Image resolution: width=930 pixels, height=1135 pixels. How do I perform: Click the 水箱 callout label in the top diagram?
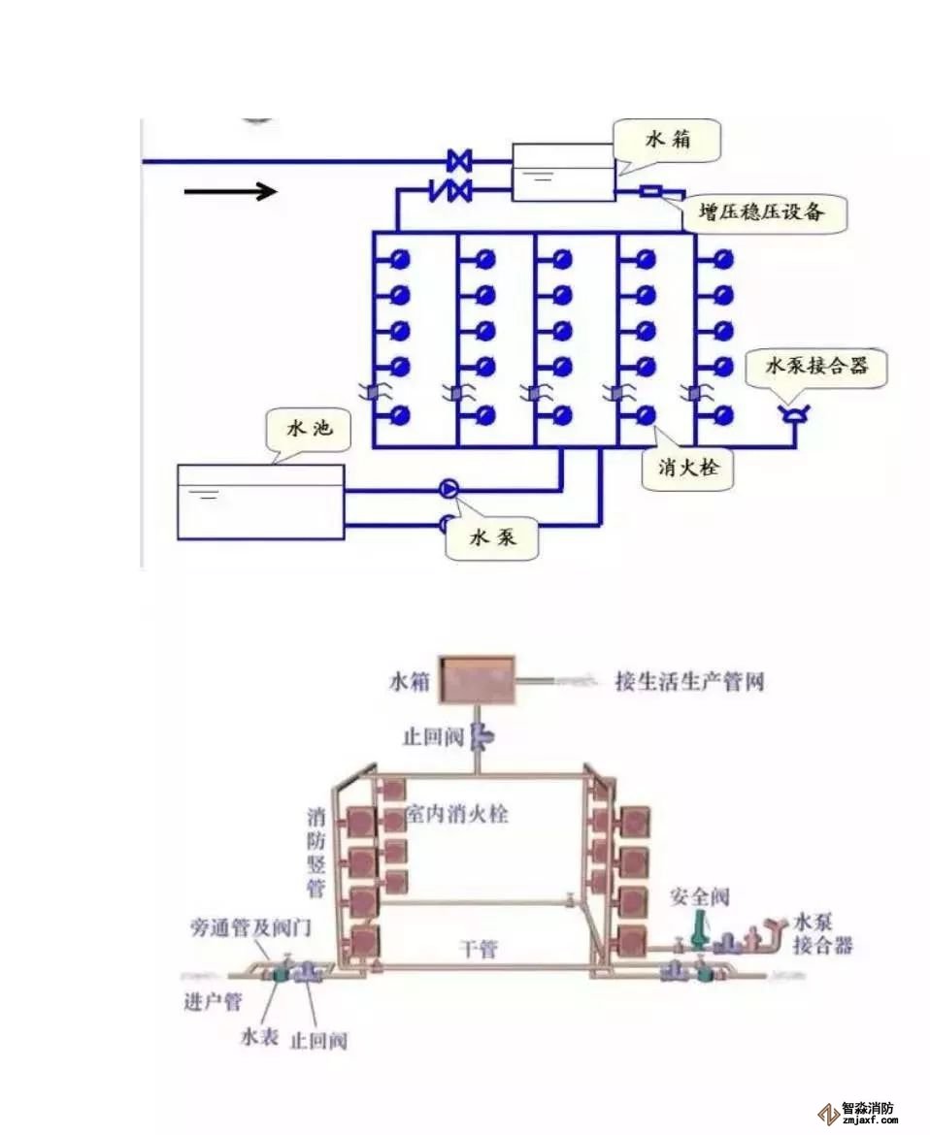click(x=668, y=140)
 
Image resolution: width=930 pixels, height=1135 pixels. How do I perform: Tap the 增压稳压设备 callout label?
click(x=764, y=211)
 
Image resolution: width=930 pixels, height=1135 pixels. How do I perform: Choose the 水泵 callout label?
click(x=492, y=538)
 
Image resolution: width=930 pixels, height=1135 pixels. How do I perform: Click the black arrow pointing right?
click(x=231, y=192)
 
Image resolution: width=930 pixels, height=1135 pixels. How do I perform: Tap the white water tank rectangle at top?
click(x=563, y=173)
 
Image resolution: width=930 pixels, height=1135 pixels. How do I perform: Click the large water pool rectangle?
click(x=260, y=502)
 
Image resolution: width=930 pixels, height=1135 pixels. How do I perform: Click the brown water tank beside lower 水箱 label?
click(x=476, y=680)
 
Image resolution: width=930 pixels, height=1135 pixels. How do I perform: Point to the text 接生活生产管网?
click(x=689, y=681)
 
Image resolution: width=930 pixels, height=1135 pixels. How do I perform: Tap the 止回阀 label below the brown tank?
click(x=433, y=736)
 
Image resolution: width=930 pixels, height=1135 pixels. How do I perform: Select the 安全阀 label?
click(x=699, y=896)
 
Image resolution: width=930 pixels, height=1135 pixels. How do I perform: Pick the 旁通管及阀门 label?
click(x=249, y=927)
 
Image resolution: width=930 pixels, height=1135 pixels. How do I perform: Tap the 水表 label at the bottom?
click(x=259, y=1038)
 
